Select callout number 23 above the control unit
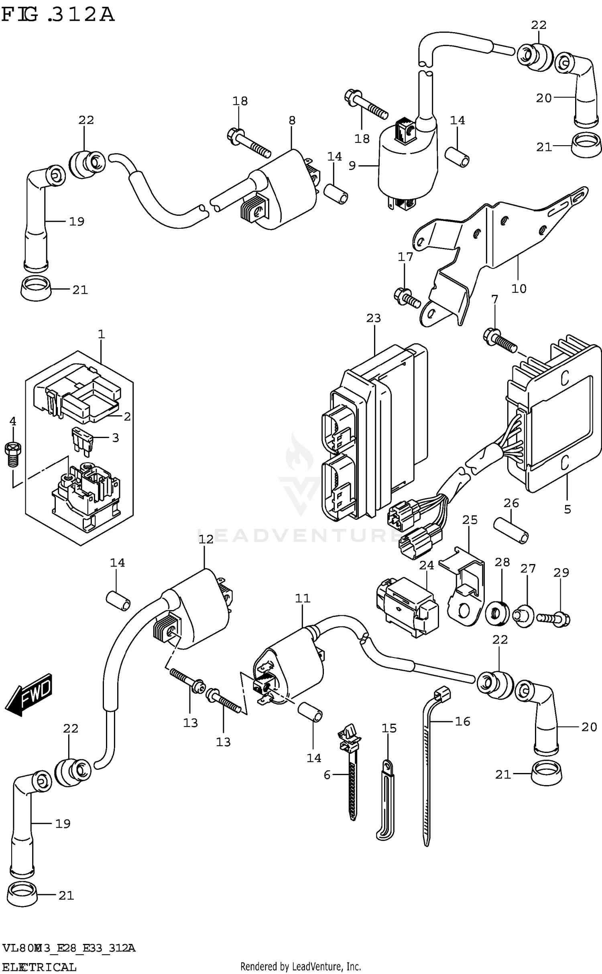373,318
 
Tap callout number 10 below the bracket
519,288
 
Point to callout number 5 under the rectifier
567,509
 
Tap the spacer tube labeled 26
511,530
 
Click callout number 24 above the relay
427,566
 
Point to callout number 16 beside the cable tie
462,721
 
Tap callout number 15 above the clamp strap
389,728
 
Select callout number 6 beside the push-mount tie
327,775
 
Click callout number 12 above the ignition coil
206,540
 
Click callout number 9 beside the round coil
352,165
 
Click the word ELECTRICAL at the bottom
39,967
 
